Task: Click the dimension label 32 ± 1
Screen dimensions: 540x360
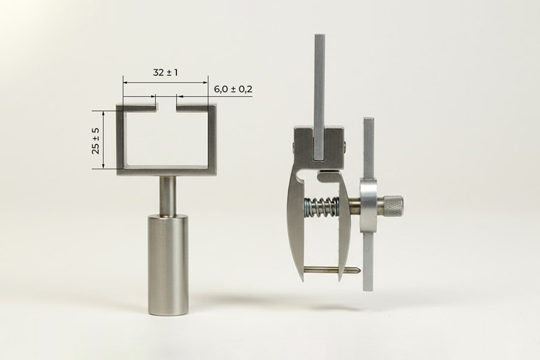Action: [166, 73]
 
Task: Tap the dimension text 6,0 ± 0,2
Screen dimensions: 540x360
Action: [233, 89]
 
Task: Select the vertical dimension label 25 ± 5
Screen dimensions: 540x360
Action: [96, 140]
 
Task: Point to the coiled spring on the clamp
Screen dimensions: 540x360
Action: [320, 208]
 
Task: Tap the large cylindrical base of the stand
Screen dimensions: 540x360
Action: [169, 265]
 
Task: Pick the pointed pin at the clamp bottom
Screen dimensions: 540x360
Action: [332, 270]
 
